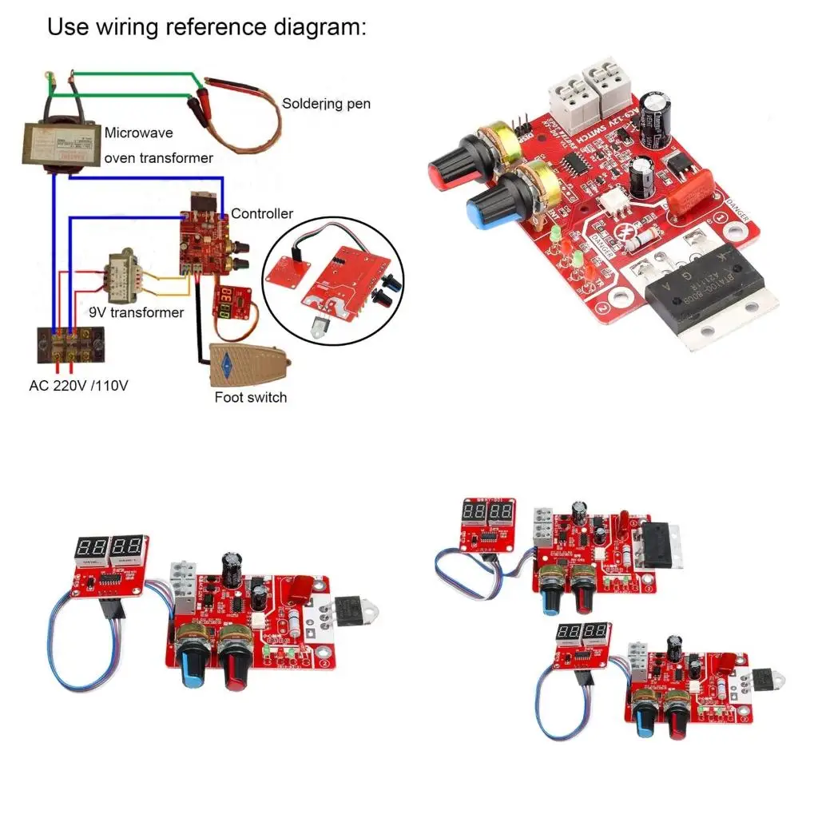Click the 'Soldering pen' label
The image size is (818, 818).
point(326,104)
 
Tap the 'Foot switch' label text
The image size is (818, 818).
point(250,397)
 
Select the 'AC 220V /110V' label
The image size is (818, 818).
point(74,385)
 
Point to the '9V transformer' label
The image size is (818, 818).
point(147,312)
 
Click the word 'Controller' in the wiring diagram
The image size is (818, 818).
point(262,213)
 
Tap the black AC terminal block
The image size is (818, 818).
point(70,347)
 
